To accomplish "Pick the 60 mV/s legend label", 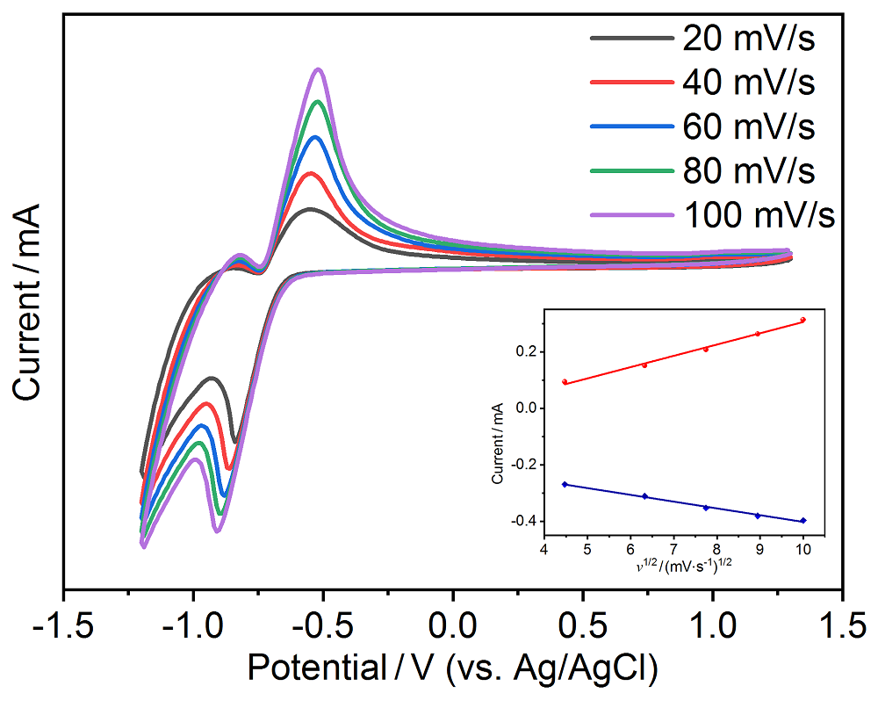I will pos(748,126).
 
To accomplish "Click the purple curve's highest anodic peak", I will pos(318,69).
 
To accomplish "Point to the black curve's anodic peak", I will pos(309,209).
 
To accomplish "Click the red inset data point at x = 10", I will pos(802,321).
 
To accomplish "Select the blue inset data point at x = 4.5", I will pos(565,484).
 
